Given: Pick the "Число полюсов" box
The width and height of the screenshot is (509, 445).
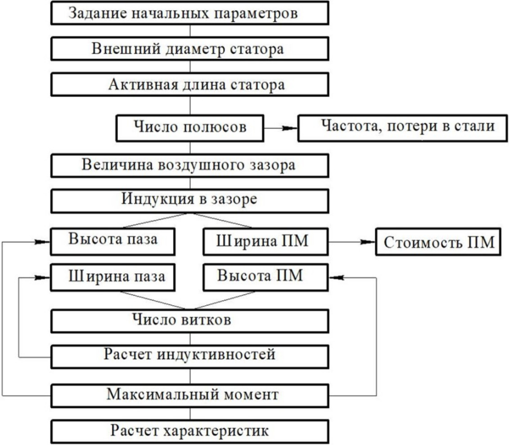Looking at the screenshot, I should [x=189, y=127].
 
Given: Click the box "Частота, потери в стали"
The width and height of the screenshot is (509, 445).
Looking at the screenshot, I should [x=401, y=128].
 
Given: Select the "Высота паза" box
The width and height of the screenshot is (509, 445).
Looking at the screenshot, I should [x=113, y=241].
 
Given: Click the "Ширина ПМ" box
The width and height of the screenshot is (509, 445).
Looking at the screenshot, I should [x=266, y=241].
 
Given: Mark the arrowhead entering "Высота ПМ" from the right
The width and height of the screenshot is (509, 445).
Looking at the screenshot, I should [x=335, y=278].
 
